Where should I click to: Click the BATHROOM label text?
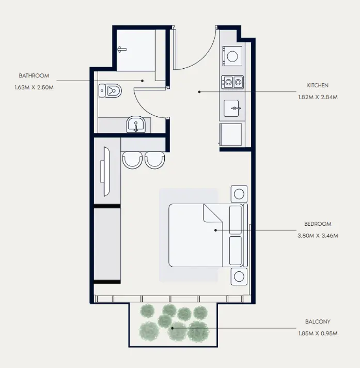click(34, 75)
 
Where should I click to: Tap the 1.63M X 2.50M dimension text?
click(34, 87)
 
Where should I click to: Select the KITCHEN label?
click(318, 85)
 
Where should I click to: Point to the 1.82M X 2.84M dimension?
click(318, 97)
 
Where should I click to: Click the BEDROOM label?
click(318, 224)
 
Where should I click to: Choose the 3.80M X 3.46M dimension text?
click(318, 236)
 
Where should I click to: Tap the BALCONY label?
click(318, 321)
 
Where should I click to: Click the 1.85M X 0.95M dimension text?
click(318, 333)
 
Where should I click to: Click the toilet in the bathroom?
click(110, 90)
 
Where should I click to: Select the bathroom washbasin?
click(136, 125)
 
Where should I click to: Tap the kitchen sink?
click(231, 108)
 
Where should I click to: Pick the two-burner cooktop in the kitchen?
click(232, 82)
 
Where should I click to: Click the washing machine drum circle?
click(232, 56)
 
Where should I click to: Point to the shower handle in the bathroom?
click(122, 49)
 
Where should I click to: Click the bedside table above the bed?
click(239, 194)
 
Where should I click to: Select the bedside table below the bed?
click(239, 277)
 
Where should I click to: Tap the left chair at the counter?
click(132, 160)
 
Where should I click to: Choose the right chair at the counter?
click(155, 160)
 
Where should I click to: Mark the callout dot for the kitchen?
click(199, 92)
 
